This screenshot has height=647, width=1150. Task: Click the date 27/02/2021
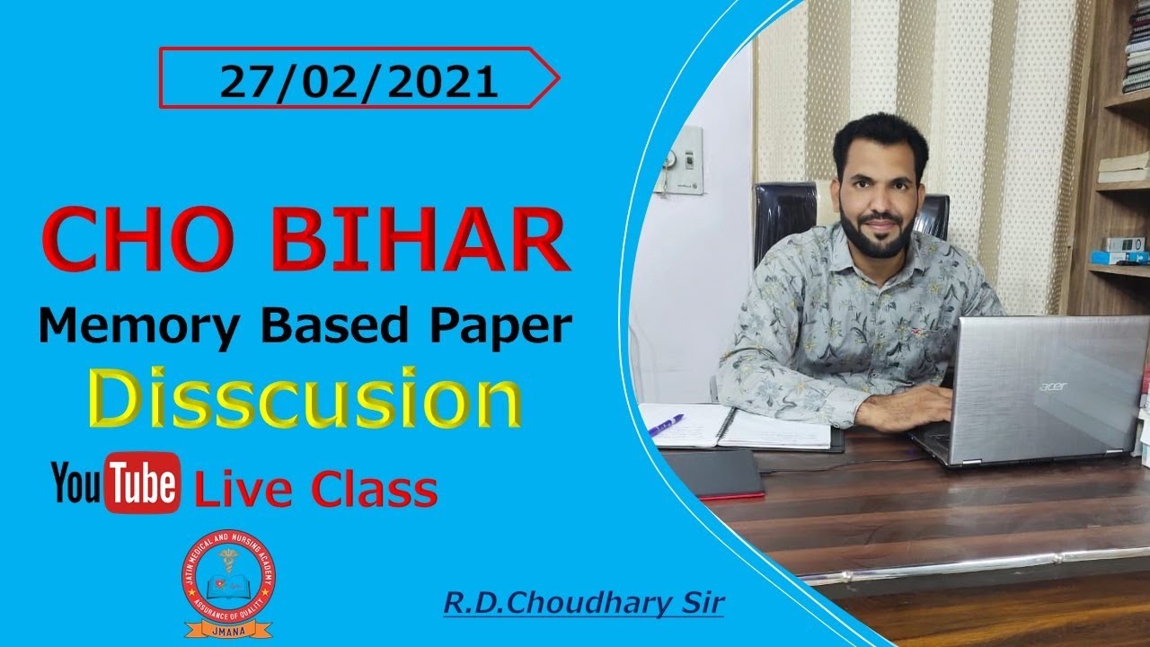click(358, 83)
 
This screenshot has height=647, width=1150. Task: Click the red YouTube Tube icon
click(142, 483)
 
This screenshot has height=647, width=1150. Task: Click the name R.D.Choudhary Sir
click(583, 603)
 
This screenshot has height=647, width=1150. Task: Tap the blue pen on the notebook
click(666, 424)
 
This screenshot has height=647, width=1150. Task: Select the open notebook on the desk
click(737, 426)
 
